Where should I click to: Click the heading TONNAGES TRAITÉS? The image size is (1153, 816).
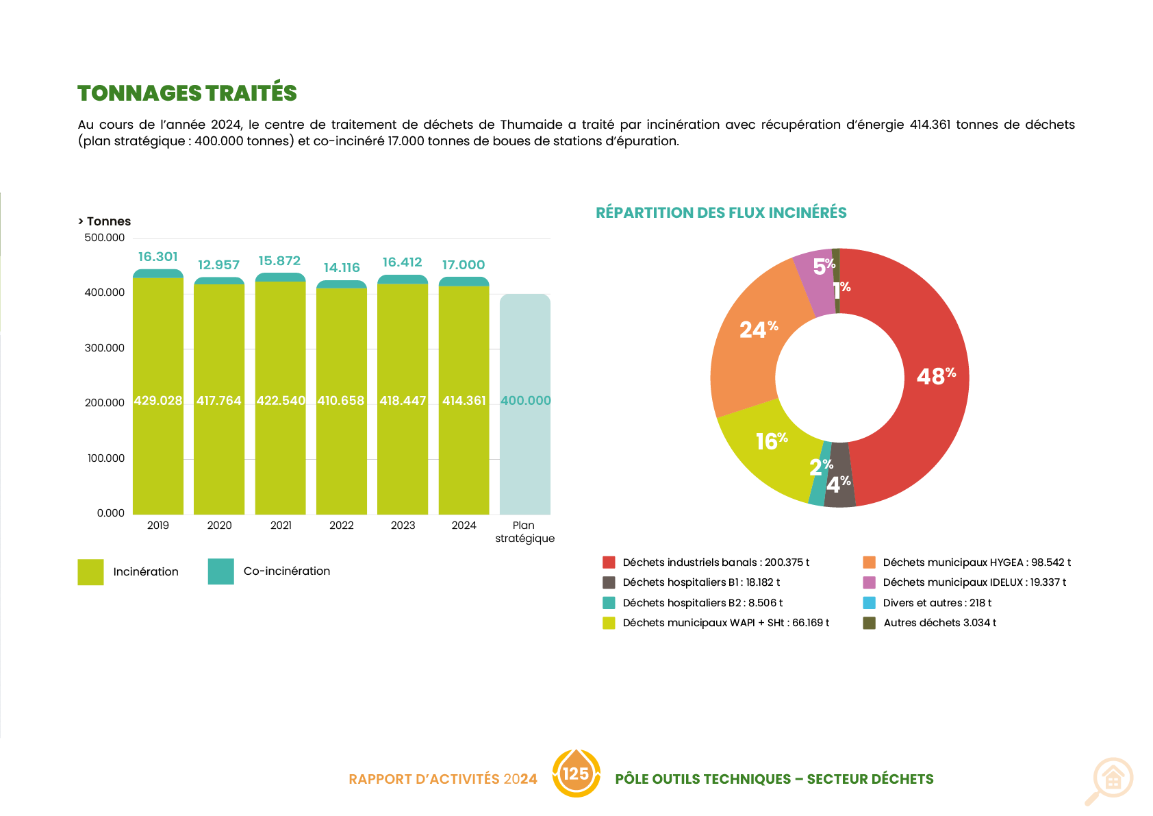(x=187, y=93)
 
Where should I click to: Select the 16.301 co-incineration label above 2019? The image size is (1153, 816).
(x=157, y=257)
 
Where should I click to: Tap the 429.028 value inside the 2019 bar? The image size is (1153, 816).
(x=158, y=401)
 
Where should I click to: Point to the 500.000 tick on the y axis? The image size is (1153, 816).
(x=105, y=238)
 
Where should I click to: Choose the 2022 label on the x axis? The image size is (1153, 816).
(x=341, y=526)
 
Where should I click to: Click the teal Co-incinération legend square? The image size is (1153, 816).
(x=220, y=571)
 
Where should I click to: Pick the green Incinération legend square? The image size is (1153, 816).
(x=90, y=572)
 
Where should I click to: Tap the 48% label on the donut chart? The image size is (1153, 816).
(x=935, y=376)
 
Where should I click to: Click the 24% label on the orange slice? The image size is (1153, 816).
(x=758, y=330)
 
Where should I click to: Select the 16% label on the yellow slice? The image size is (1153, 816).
(x=771, y=441)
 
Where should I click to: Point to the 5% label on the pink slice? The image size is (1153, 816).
(x=824, y=266)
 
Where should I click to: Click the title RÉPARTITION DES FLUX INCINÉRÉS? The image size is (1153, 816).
(x=721, y=212)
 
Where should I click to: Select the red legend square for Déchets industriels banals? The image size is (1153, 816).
(x=609, y=562)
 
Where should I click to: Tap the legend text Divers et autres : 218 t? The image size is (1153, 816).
(x=937, y=603)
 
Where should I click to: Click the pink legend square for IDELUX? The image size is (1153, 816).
(x=869, y=582)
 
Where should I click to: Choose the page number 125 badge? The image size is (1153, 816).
(x=576, y=774)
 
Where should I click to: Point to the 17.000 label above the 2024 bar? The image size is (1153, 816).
(x=463, y=265)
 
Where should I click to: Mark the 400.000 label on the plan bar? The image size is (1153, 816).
(x=525, y=401)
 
